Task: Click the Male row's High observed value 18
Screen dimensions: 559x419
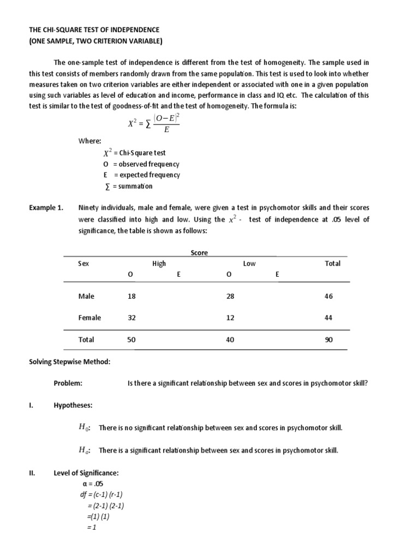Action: (131, 296)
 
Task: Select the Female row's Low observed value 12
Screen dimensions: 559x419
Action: (231, 318)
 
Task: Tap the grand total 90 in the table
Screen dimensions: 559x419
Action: (328, 340)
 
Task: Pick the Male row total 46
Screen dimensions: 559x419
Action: (328, 296)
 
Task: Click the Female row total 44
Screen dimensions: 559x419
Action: (328, 318)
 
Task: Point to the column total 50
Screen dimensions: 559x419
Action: (131, 340)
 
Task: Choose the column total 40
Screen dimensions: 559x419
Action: (231, 340)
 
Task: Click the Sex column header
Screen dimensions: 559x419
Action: (83, 263)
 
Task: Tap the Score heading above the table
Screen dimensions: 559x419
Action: (199, 253)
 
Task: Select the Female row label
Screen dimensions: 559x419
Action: (89, 318)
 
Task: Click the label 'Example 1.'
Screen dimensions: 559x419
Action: (46, 208)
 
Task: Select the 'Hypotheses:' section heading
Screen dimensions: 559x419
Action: (73, 406)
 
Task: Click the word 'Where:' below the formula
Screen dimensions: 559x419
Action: (90, 141)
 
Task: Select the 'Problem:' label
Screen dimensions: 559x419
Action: (68, 383)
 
